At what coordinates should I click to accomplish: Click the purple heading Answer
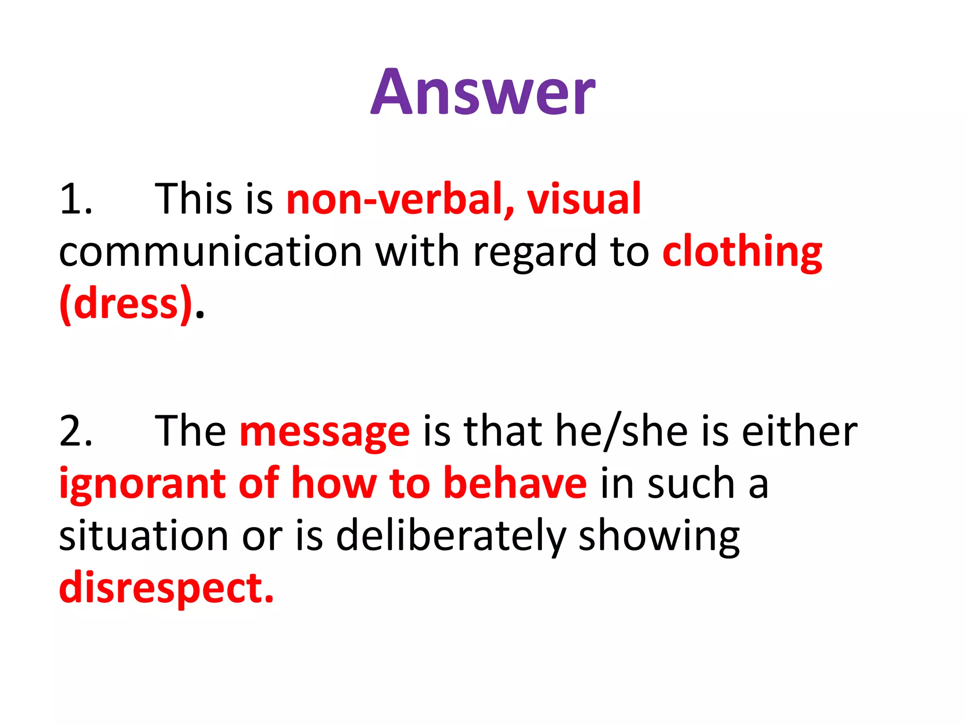[x=483, y=92]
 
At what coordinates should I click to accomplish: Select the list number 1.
[x=75, y=199]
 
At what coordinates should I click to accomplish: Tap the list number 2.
[x=75, y=430]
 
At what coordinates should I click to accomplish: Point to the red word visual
[x=584, y=199]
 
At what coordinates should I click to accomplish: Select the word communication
[x=210, y=251]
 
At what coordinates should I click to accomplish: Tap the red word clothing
[x=742, y=252]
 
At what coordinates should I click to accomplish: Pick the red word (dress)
[x=126, y=304]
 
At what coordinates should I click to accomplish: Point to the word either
[x=799, y=430]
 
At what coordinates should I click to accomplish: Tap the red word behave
[x=515, y=482]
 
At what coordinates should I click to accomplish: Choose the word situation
[x=144, y=535]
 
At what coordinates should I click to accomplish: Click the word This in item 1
[x=193, y=199]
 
